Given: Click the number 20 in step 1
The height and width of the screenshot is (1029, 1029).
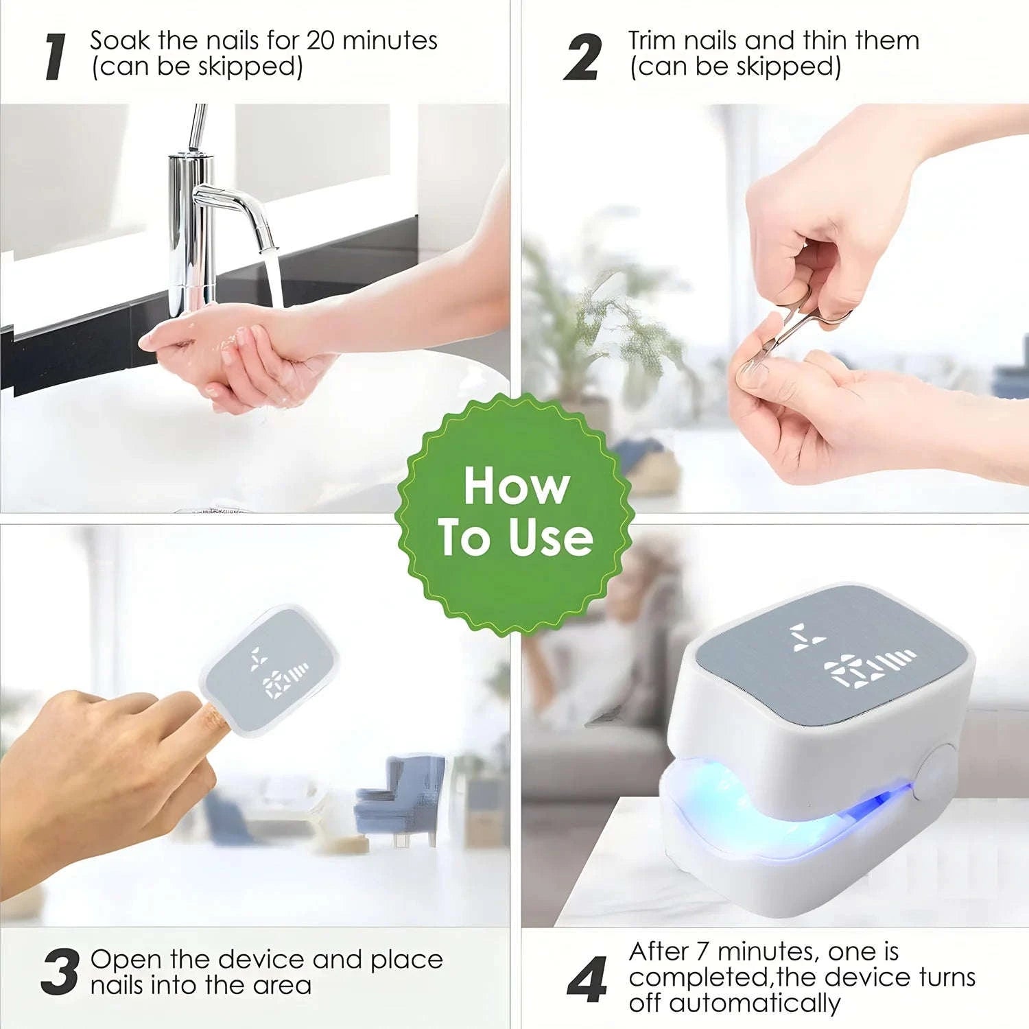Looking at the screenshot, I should [320, 40].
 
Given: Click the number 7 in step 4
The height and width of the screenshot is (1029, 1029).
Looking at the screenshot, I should [702, 952].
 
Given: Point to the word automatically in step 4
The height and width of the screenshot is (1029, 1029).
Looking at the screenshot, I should [755, 1003].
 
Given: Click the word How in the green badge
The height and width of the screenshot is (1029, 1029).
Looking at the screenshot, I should [516, 486].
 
